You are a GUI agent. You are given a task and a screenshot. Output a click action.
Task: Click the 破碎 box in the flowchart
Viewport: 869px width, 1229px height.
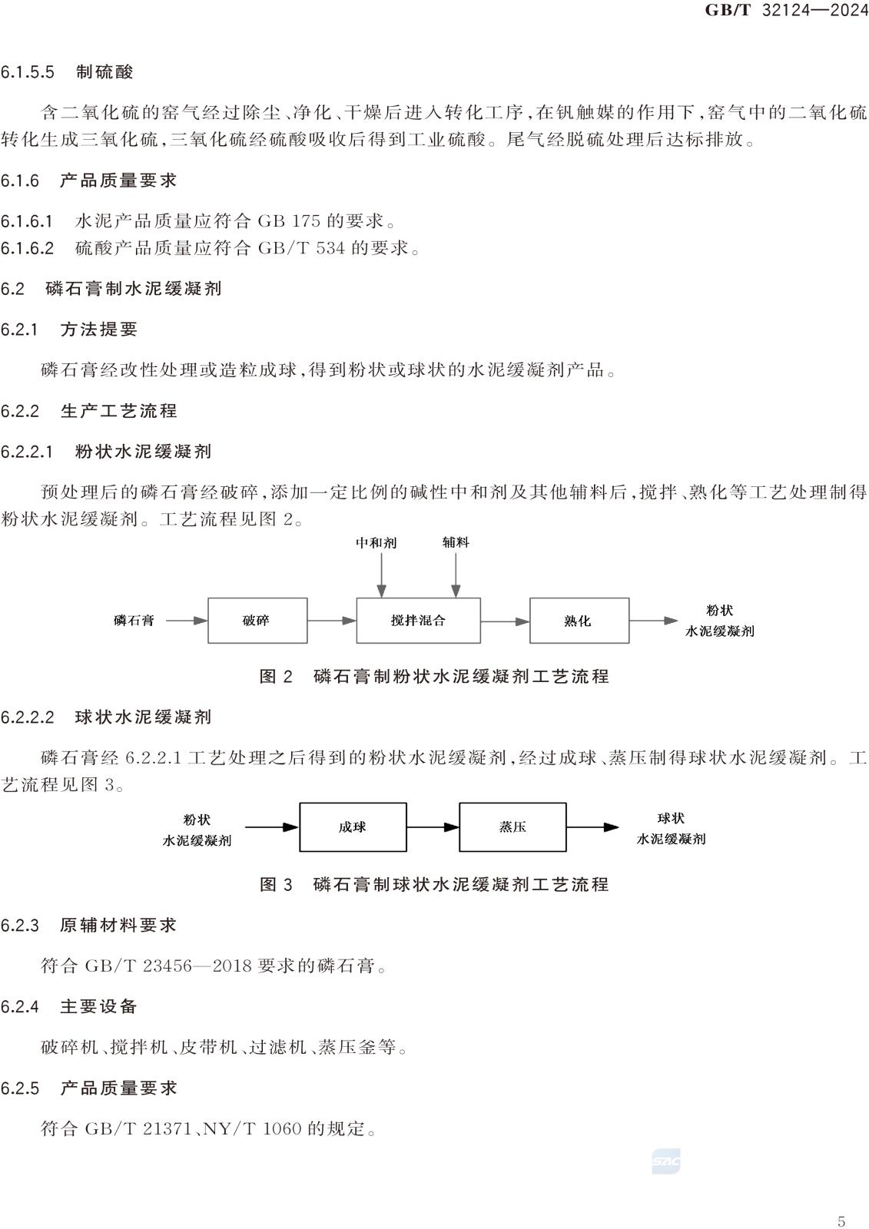click(x=257, y=621)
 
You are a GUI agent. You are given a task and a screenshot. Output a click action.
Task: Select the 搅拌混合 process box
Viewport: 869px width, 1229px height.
click(x=418, y=621)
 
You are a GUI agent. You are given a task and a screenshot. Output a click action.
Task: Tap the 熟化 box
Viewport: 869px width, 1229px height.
click(x=579, y=621)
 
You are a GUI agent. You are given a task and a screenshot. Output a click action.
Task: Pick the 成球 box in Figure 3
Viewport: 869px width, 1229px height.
click(x=353, y=827)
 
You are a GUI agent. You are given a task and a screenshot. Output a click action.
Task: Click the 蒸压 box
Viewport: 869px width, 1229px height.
click(x=512, y=827)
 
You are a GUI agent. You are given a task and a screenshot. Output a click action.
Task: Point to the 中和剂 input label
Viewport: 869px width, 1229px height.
click(x=376, y=542)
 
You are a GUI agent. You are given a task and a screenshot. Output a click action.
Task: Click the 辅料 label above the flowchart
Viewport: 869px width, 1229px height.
click(x=456, y=542)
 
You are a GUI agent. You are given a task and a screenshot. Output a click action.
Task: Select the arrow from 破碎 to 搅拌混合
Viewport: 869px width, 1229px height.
click(x=332, y=621)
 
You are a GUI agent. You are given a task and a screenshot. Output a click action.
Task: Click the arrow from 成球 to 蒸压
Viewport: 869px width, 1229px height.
click(x=433, y=827)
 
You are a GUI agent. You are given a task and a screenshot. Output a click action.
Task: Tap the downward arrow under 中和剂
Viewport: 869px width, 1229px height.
click(x=382, y=575)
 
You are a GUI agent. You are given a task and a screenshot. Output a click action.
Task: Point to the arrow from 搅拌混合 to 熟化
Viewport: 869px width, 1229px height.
click(x=505, y=621)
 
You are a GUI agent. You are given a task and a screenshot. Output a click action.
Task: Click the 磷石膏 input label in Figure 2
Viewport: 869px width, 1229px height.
click(x=134, y=621)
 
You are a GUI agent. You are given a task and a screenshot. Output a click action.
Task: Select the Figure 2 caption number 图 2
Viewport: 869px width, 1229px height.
click(x=276, y=677)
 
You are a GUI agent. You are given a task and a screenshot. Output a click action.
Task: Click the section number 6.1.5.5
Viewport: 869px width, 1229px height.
click(x=28, y=72)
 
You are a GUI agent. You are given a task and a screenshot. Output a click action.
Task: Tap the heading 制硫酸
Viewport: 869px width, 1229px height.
click(x=104, y=72)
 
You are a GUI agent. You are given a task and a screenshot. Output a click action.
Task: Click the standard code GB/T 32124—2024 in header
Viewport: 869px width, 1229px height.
click(x=786, y=10)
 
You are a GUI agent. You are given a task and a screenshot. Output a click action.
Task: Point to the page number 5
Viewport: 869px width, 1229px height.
click(x=841, y=1218)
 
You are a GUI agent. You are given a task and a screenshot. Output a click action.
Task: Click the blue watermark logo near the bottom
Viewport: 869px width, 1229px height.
click(x=666, y=1161)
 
